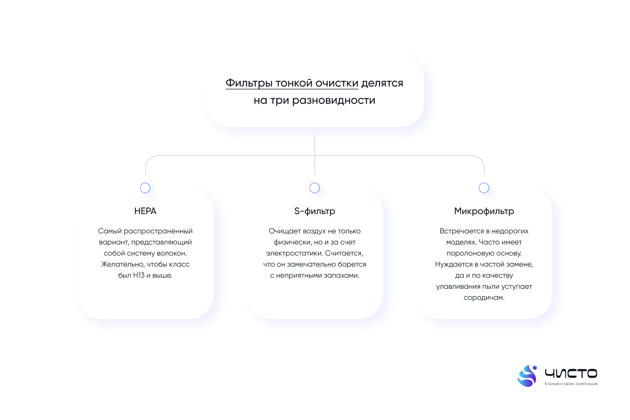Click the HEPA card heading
tap(145, 211)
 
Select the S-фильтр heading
tap(315, 211)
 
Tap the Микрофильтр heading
tap(484, 211)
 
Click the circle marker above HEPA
tap(145, 188)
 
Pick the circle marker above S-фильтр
tap(315, 188)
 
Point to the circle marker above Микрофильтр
tap(484, 188)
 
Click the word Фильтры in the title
tap(249, 83)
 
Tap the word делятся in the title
tap(382, 84)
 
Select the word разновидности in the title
tap(333, 100)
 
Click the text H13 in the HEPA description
tap(139, 275)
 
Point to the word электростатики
tap(294, 253)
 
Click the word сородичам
tap(484, 298)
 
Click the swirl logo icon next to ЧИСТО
tap(527, 376)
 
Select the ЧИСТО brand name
tap(571, 373)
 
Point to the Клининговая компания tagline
tap(571, 384)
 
